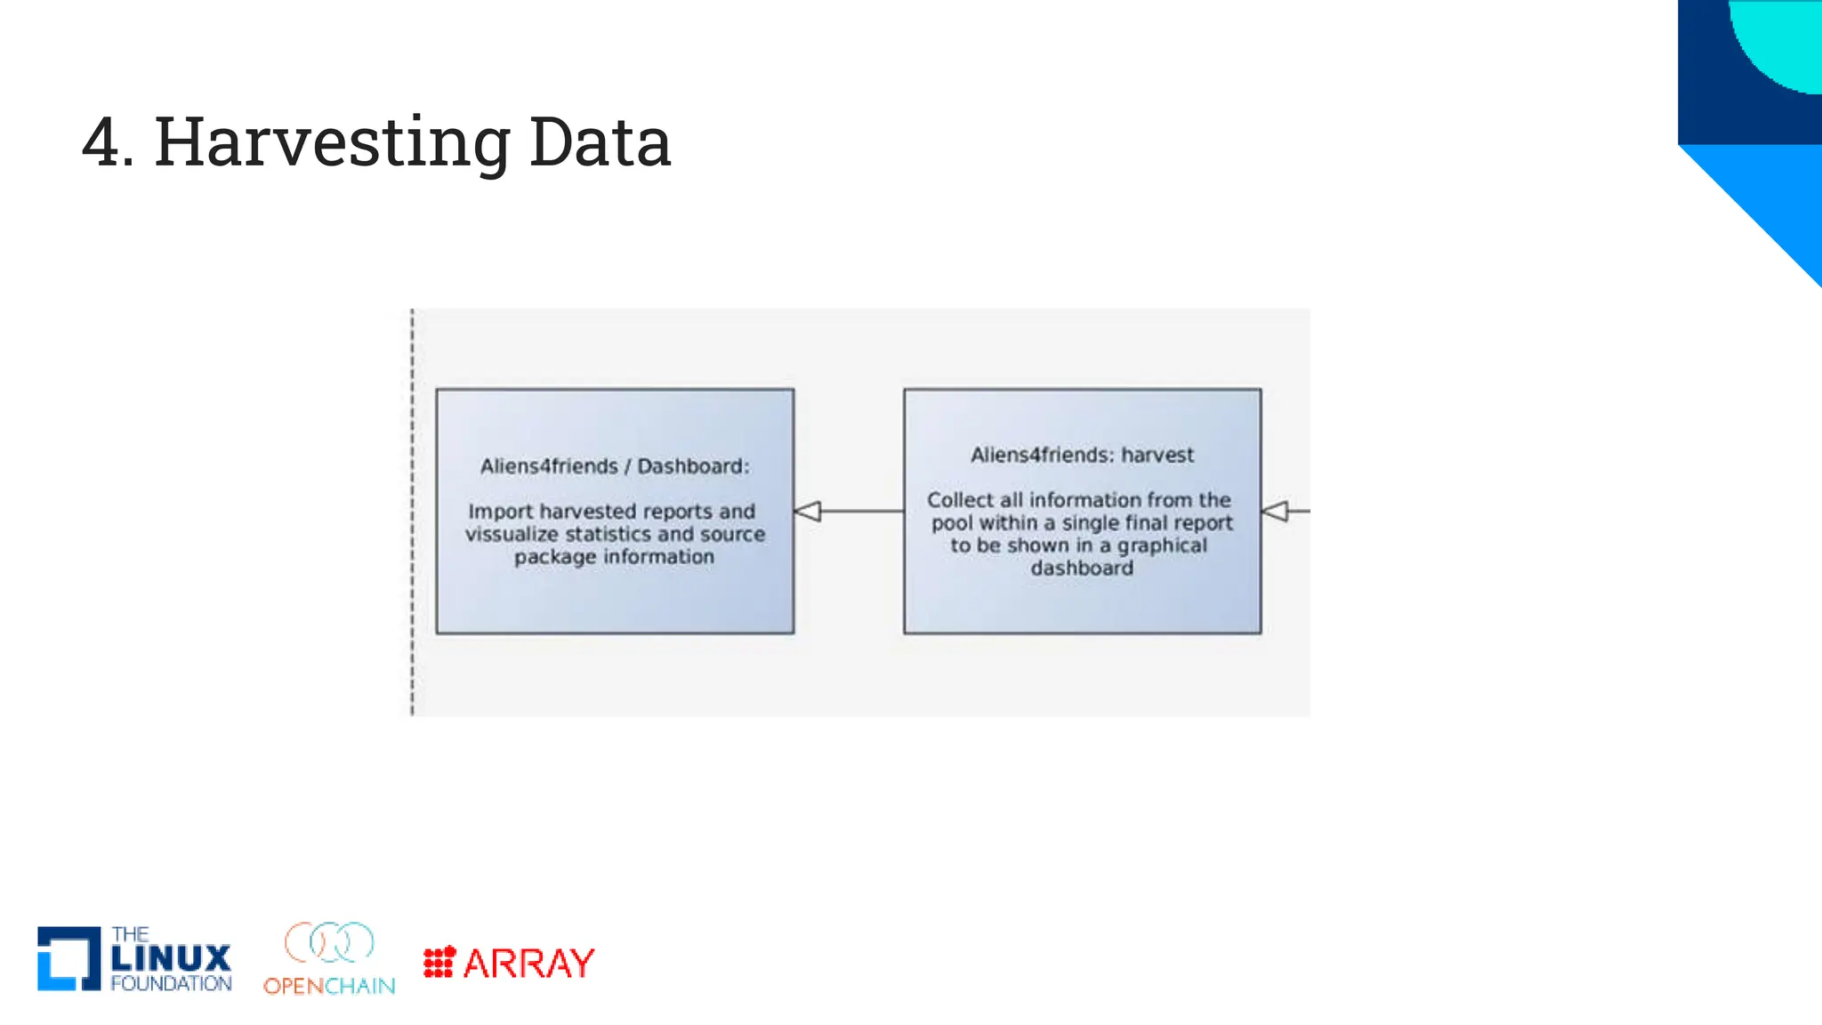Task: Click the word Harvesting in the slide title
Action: pos(331,142)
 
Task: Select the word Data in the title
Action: pos(600,142)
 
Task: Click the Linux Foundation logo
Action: pos(134,958)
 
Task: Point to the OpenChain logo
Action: pos(329,958)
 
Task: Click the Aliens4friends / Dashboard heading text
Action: pos(615,466)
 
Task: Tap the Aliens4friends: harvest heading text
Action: pos(1082,455)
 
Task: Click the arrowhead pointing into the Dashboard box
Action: pos(807,512)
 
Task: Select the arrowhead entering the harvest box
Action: pos(1275,512)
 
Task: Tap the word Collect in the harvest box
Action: pos(961,500)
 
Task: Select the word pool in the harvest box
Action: pos(952,523)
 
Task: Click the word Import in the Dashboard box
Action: pos(501,512)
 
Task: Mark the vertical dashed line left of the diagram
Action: pos(412,512)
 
